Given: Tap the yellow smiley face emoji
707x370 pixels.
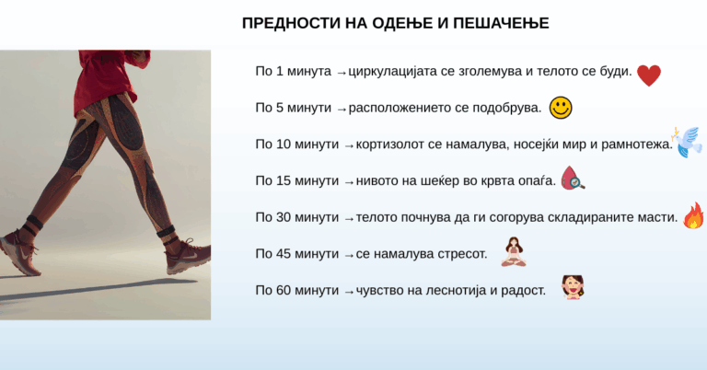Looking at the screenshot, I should click(x=560, y=109).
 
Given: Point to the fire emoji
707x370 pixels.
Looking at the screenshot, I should click(x=693, y=216).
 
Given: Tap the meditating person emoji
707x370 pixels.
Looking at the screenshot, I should click(x=513, y=251).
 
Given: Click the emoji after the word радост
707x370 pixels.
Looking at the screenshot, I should click(x=574, y=288).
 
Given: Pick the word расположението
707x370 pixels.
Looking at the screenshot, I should click(x=401, y=109).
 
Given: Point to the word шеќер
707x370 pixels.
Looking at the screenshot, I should click(x=450, y=181).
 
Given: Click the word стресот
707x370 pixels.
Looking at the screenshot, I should click(x=458, y=254).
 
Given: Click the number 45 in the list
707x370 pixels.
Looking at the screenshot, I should click(x=284, y=254).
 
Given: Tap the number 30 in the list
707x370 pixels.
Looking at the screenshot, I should click(x=284, y=217).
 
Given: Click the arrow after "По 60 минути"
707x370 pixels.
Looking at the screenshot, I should click(x=349, y=292).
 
